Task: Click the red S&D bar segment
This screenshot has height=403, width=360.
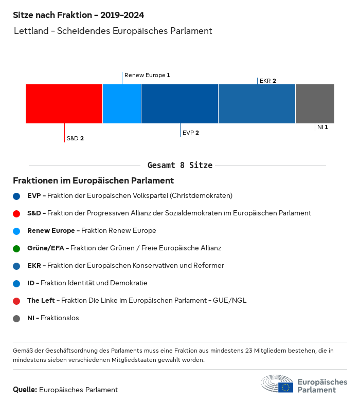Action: point(64,104)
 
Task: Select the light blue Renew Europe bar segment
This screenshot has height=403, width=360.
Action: point(122,104)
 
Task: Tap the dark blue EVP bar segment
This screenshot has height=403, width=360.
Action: point(179,104)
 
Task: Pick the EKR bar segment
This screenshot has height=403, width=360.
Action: point(257,104)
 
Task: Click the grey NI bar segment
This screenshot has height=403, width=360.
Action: point(315,104)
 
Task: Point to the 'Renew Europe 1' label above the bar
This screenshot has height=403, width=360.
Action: point(147,75)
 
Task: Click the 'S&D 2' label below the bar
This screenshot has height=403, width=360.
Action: point(75,138)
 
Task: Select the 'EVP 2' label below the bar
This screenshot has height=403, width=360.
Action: point(191,133)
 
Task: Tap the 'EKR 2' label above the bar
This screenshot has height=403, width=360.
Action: point(268,81)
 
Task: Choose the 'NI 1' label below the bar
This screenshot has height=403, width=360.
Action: point(322,127)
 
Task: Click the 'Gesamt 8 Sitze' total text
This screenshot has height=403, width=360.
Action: point(180,166)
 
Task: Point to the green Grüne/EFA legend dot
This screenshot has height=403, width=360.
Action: point(16,248)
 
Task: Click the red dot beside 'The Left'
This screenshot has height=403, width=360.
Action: point(16,301)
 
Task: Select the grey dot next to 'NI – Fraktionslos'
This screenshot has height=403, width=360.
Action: point(16,318)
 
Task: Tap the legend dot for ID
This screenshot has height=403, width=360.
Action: point(16,283)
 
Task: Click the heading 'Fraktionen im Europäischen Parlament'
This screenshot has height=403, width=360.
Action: point(93,181)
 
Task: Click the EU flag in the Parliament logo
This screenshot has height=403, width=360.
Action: point(286,387)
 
